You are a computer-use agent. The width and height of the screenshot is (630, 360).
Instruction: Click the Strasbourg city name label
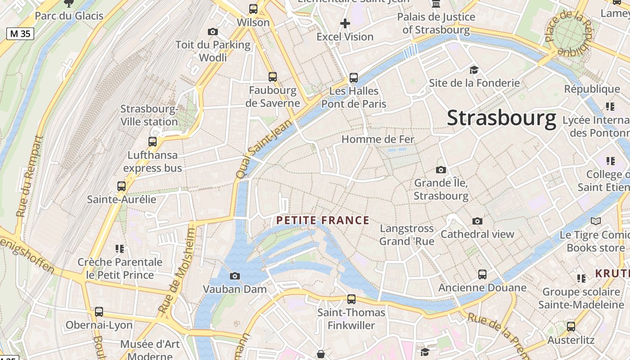502,119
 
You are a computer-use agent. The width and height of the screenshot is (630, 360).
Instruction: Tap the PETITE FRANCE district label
323,220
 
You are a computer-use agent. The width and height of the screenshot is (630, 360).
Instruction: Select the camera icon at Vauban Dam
234,276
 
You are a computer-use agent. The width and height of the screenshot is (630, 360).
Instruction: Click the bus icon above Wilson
253,9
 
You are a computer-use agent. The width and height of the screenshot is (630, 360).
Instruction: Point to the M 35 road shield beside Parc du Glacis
20,33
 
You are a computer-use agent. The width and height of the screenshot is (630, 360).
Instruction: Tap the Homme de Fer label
378,139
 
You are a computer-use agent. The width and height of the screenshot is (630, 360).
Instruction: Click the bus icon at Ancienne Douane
482,274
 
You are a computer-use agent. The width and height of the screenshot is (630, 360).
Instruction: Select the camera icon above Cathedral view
477,221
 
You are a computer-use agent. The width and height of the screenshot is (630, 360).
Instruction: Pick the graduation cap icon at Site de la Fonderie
474,70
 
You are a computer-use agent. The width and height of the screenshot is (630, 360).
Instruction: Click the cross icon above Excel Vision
345,23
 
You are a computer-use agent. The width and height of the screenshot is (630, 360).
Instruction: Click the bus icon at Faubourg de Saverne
272,76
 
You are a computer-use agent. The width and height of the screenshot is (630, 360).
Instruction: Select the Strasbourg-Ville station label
149,116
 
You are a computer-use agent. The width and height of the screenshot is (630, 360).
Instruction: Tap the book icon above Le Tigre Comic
596,221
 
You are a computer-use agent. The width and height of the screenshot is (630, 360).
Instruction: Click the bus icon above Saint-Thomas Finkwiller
351,299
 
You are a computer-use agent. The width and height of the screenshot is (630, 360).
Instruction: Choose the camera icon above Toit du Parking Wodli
213,31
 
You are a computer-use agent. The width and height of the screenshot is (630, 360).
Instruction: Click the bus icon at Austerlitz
571,327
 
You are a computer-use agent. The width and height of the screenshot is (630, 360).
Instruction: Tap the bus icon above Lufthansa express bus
153,142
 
